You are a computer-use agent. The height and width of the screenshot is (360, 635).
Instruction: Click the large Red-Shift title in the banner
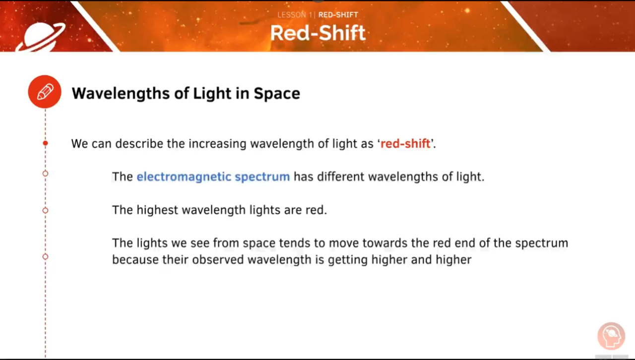point(317,33)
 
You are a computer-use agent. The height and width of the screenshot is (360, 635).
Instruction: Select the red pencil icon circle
point(45,92)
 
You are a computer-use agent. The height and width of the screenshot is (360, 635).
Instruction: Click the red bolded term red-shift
point(405,144)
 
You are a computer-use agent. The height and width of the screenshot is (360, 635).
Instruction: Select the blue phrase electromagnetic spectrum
point(213,177)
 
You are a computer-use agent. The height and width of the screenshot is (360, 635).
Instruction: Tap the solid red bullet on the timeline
point(45,143)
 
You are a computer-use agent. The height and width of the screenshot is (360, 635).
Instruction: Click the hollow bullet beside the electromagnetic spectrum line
point(45,174)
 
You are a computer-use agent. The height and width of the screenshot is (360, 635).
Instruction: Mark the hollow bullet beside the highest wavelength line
point(45,210)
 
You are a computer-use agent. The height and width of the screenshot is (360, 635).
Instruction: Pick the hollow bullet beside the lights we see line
point(45,257)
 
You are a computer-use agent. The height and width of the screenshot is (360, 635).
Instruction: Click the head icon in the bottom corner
point(611,336)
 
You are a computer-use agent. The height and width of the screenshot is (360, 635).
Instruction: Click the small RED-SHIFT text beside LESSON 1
point(338,15)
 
